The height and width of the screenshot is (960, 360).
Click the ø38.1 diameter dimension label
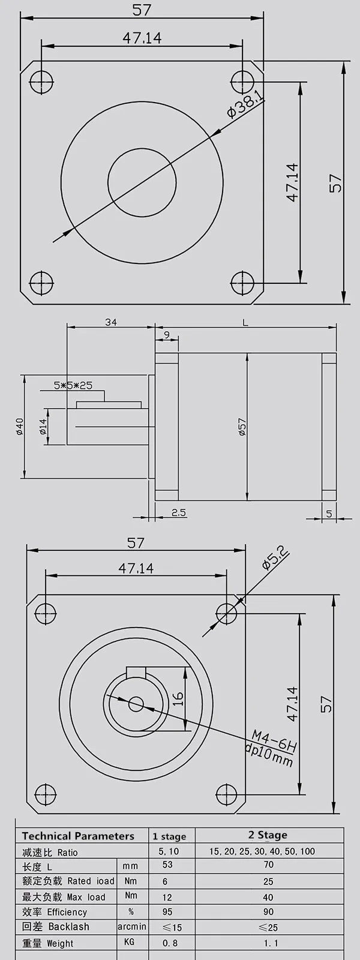245,104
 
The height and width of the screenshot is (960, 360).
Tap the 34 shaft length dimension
110,322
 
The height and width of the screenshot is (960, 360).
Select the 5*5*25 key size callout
73,386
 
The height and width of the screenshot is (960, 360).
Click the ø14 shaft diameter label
43,427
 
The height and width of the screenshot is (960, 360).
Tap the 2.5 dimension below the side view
178,512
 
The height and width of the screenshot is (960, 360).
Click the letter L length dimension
245,323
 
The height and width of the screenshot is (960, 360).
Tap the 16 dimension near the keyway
178,699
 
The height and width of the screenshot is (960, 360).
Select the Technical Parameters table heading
78,836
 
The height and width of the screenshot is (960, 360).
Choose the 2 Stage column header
268,835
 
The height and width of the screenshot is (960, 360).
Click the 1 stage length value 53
167,865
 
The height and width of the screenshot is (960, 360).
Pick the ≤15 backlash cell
172,928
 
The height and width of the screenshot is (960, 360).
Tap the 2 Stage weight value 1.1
268,943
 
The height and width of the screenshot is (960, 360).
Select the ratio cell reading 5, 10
169,851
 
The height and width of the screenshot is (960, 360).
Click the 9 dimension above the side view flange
166,335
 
